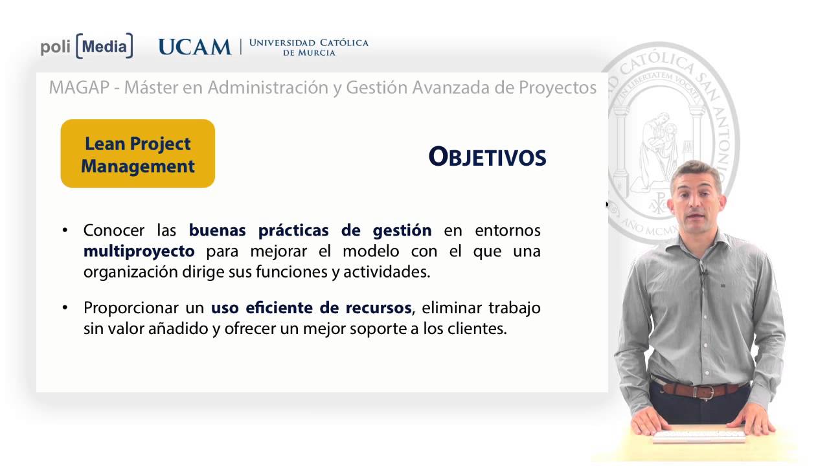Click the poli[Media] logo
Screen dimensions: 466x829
87,47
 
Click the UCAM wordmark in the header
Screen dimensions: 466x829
194,47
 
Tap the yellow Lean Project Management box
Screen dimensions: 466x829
137,154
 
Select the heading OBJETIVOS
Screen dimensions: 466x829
487,157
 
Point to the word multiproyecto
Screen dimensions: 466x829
139,250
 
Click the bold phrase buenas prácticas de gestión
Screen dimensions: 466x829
310,230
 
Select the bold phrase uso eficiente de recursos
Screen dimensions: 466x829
311,307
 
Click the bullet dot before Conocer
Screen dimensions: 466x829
65,230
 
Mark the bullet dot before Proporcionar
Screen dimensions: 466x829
65,307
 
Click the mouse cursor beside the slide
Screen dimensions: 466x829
608,205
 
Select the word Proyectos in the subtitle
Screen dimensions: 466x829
558,88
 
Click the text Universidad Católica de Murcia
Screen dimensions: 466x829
308,47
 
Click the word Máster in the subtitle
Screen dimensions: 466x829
151,88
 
